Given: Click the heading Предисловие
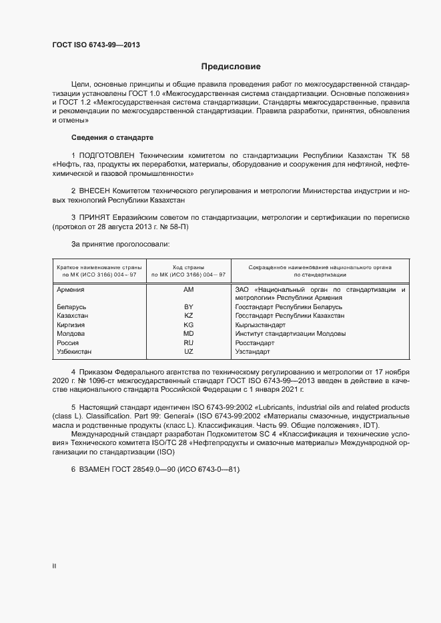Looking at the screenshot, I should [232, 67].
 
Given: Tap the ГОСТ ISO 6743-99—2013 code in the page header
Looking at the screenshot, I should [96, 46].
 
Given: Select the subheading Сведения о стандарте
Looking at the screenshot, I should [112, 137].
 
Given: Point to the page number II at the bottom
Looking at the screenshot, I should [54, 566].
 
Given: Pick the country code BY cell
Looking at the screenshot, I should [188, 307].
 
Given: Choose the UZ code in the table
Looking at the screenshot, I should [188, 351].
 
